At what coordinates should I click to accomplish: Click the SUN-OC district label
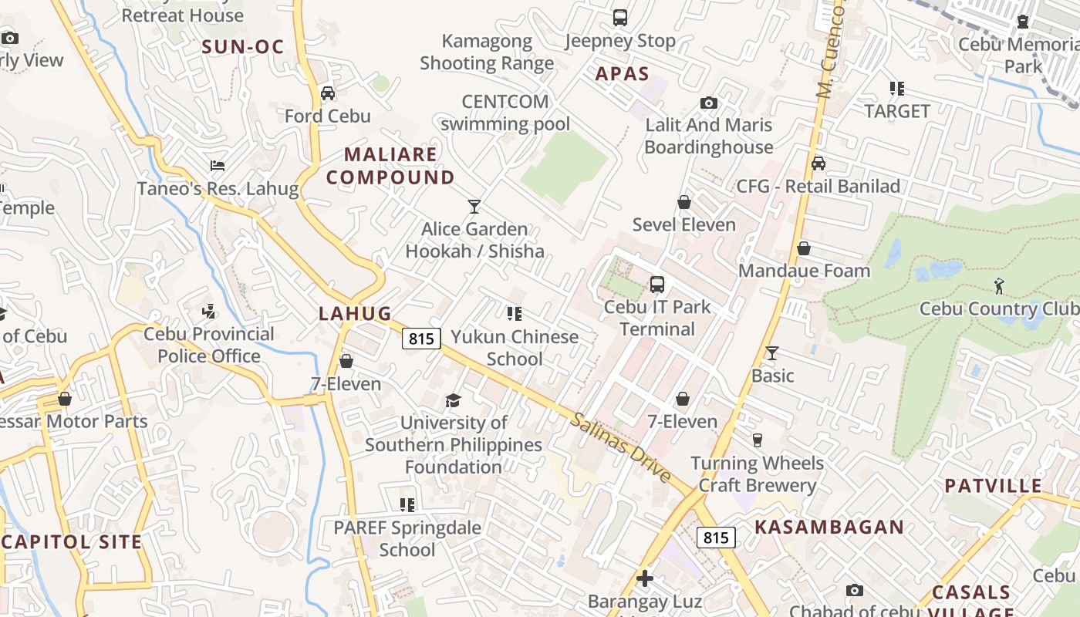(x=243, y=46)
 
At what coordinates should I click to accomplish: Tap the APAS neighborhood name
(x=622, y=74)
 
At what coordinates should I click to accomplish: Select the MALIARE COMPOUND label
(x=390, y=166)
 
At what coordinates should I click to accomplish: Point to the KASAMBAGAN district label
(x=829, y=528)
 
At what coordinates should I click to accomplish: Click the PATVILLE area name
(x=994, y=486)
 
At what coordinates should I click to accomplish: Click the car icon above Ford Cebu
(x=328, y=93)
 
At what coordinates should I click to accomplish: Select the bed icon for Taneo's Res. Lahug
(x=218, y=166)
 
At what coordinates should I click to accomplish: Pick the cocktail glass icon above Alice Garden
(x=474, y=207)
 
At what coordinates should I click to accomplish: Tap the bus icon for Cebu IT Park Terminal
(x=657, y=285)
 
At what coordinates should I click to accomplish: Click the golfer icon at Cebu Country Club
(x=1000, y=286)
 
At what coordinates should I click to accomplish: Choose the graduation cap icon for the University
(x=453, y=400)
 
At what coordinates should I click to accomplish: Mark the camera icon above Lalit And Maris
(x=708, y=103)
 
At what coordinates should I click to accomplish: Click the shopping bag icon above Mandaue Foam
(x=804, y=248)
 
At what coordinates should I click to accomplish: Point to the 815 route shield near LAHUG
(x=421, y=338)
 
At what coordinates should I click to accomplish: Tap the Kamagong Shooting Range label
(x=487, y=52)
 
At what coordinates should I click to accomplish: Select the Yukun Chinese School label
(x=515, y=348)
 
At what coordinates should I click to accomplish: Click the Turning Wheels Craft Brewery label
(x=757, y=474)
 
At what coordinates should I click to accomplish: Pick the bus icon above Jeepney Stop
(x=620, y=17)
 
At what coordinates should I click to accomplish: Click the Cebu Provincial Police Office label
(x=209, y=345)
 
